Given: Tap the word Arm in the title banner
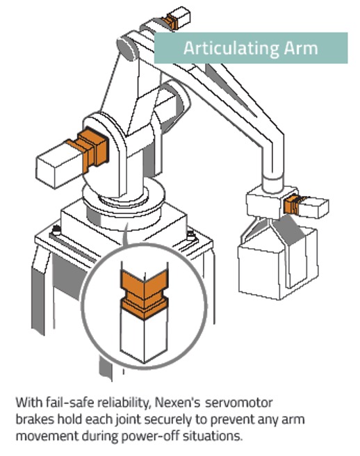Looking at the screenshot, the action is [301, 48].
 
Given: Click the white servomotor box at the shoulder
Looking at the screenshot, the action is [60, 165].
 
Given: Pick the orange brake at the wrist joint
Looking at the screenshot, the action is [293, 204].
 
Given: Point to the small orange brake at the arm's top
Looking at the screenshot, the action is [170, 22].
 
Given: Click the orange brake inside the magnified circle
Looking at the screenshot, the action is [145, 294].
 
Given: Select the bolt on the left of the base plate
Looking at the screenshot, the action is [56, 230].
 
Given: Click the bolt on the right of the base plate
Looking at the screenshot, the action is [190, 235].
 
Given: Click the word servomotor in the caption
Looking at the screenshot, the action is [239, 402].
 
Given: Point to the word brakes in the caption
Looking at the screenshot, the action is [35, 419].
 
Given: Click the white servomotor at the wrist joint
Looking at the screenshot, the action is [313, 207].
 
